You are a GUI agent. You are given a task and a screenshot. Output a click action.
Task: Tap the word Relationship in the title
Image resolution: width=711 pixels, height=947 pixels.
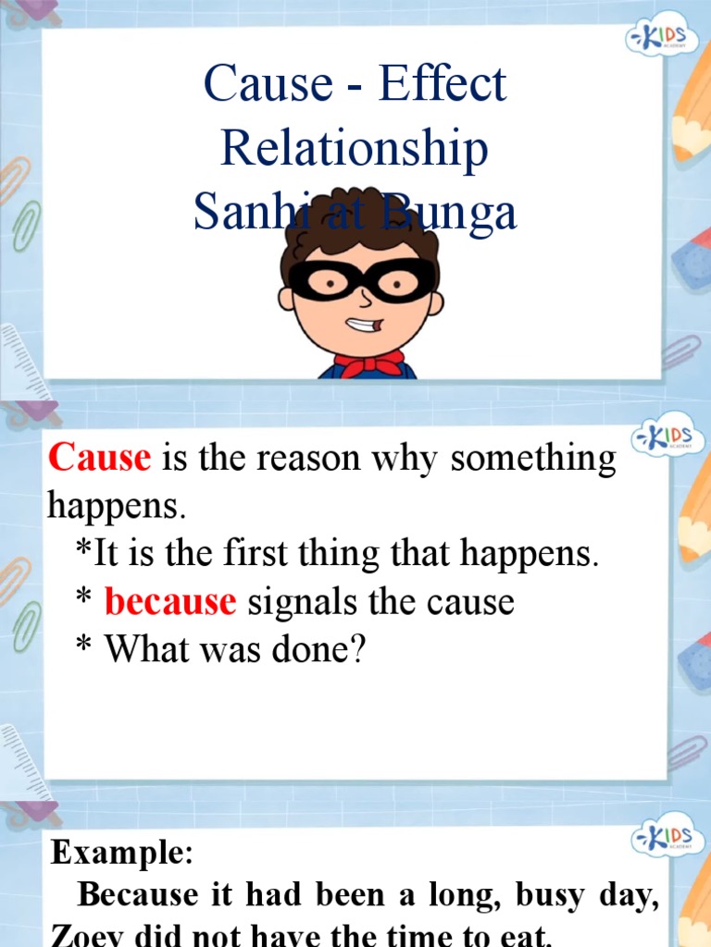coord(355,150)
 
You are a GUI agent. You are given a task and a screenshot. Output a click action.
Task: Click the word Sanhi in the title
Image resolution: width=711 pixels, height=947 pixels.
coord(243,214)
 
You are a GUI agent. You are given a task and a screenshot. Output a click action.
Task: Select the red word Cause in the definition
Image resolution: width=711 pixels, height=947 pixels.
coord(99,457)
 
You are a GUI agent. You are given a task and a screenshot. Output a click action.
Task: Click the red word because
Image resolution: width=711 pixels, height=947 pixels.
coord(170,602)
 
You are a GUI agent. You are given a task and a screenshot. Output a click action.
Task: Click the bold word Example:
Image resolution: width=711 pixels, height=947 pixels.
coord(121,852)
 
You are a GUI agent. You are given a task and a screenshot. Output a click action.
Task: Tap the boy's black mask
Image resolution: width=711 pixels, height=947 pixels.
coord(361,280)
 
